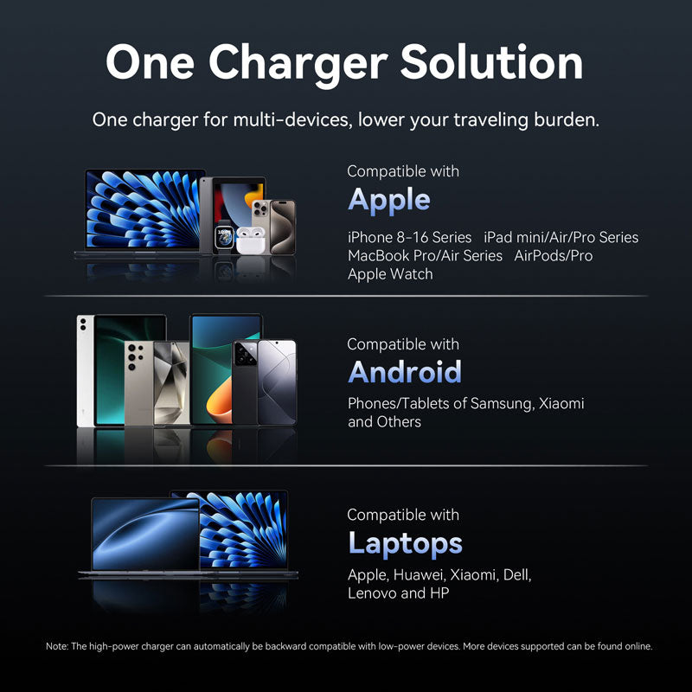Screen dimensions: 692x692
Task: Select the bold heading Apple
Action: coord(388,200)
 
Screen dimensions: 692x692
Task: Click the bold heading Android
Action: coord(404,372)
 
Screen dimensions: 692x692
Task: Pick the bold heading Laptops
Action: coord(404,543)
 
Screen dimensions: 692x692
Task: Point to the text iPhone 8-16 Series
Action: coord(409,237)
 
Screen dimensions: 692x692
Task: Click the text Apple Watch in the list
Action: coord(390,274)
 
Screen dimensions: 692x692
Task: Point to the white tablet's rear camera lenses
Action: coord(84,324)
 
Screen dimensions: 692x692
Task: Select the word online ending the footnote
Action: coord(636,646)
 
